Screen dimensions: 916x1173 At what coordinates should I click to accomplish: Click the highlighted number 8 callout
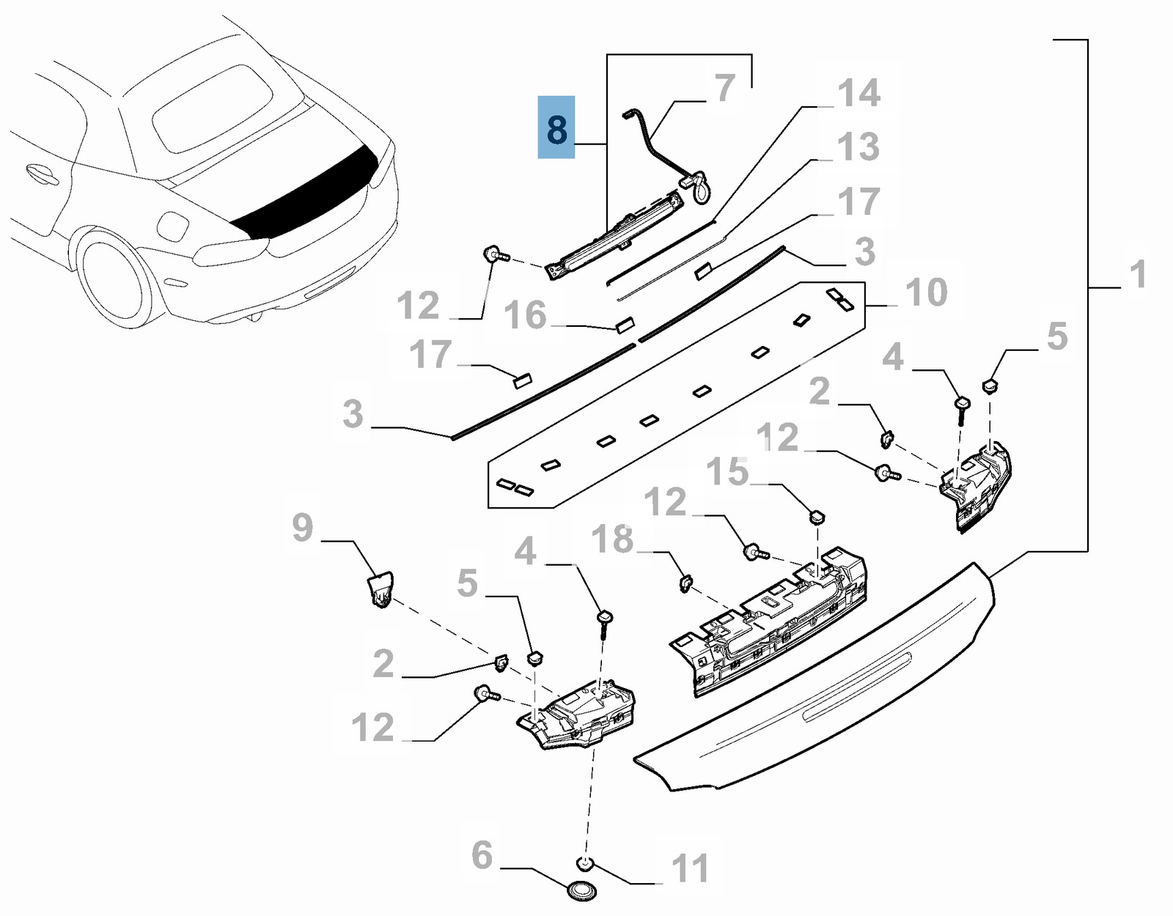coord(556,128)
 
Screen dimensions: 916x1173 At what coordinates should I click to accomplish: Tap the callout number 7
coord(724,88)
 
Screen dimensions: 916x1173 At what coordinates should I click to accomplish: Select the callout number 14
coord(858,93)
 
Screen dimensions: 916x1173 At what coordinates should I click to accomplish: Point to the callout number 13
coord(858,147)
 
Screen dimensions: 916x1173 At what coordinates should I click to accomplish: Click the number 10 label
coord(927,292)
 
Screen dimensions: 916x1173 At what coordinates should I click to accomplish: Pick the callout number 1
coord(1137,275)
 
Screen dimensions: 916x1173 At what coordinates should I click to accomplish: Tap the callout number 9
coord(302,527)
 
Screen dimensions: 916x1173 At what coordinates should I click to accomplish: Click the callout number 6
coord(482,854)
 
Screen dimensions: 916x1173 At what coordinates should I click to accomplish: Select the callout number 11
coord(690,868)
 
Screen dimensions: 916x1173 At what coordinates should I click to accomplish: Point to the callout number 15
coord(727,471)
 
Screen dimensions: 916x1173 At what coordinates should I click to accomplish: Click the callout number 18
coord(612,539)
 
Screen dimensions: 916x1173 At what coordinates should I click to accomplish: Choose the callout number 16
coord(525,315)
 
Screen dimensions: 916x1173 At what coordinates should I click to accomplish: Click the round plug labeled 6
coord(582,892)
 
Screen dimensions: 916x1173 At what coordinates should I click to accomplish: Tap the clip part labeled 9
coord(380,588)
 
